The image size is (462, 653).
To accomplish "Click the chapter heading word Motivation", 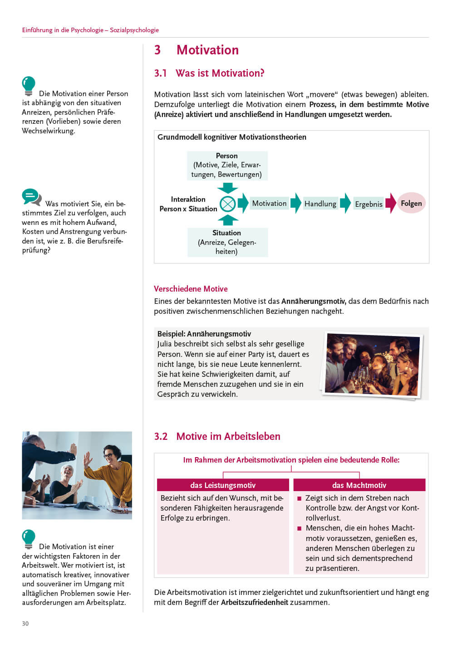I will point(207,50).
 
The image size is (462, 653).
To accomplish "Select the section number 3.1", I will point(160,73).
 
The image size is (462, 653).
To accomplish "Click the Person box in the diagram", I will point(227,165).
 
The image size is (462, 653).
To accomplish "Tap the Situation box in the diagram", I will point(227,242).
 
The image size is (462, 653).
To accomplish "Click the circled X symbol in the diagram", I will point(227,204).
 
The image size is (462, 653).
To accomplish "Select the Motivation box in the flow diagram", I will point(269,203).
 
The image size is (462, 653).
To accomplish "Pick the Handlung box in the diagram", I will point(320,204).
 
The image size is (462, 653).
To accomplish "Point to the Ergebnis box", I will point(369,204).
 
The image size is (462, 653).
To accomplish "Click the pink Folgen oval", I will point(411,203).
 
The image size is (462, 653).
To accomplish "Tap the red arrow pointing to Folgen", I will point(391,203).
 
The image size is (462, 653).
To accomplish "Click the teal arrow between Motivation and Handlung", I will point(296,203).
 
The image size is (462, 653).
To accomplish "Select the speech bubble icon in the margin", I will point(31,197).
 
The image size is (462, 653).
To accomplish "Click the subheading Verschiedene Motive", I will point(191,289).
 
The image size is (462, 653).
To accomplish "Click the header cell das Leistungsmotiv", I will point(223,485).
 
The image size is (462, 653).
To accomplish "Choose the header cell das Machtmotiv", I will point(359,485).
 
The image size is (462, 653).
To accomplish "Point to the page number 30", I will point(25,624).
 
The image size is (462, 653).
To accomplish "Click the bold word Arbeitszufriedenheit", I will point(254,602).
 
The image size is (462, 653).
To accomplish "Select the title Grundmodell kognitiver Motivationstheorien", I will point(232,137).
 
